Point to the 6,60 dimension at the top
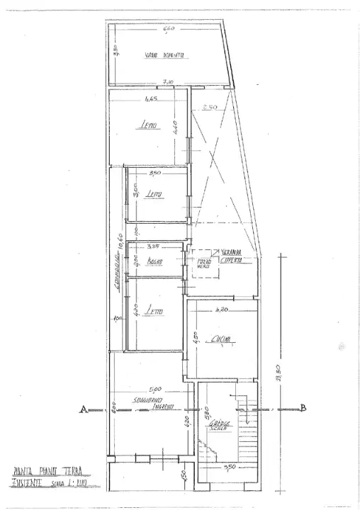(168, 30)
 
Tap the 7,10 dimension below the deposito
(168, 82)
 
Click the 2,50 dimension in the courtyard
(208, 108)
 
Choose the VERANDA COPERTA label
(233, 256)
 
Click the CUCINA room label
(222, 342)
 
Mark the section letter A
(84, 409)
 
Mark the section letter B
(303, 407)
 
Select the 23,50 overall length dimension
(279, 390)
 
